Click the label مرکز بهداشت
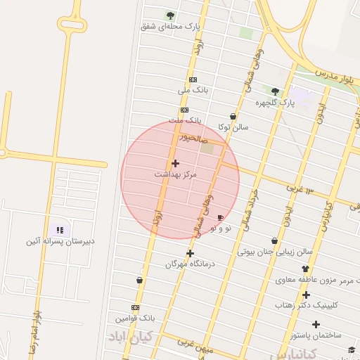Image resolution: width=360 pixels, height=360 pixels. (x=176, y=173)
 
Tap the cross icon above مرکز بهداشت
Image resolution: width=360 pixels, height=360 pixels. (x=175, y=163)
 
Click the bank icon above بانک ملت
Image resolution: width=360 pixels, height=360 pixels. (x=184, y=110)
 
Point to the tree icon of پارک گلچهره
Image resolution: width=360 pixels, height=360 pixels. (x=275, y=91)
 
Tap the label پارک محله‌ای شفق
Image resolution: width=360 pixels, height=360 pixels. (x=169, y=26)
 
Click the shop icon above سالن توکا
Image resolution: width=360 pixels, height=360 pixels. (x=233, y=117)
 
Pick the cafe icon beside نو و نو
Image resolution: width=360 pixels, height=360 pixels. (x=221, y=218)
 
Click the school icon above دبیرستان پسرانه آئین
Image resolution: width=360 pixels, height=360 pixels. (x=60, y=230)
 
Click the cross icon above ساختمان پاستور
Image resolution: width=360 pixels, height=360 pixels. (x=316, y=324)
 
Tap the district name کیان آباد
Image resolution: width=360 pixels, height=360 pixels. (x=130, y=336)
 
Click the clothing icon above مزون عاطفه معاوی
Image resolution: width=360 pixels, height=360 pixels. (x=305, y=269)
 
